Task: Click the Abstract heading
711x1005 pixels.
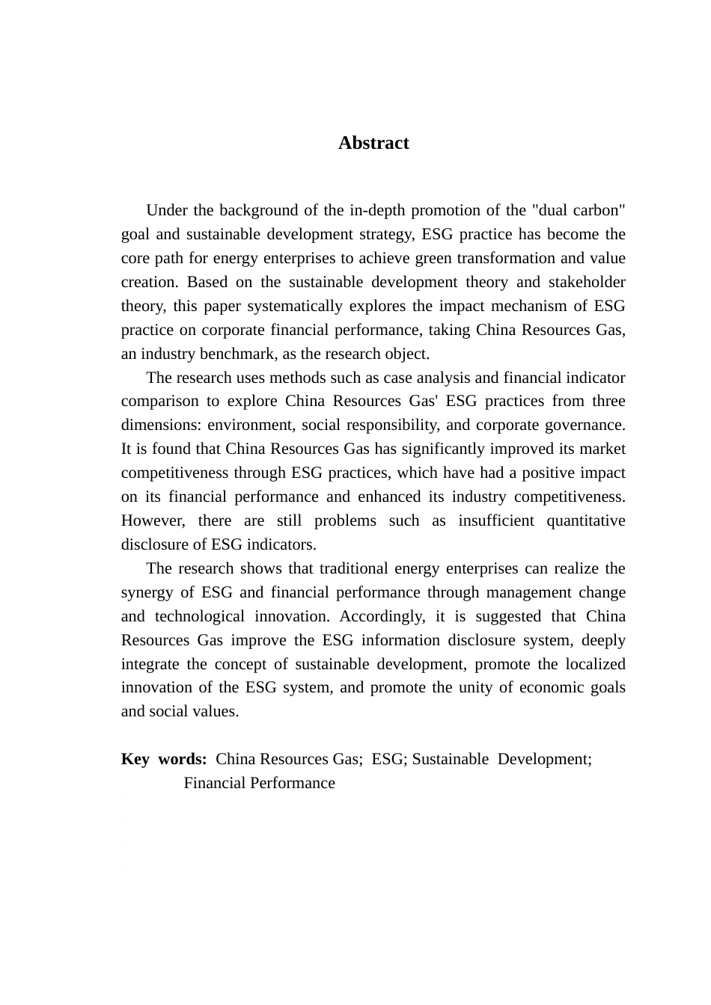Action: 373,143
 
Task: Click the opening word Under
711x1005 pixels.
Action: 167,210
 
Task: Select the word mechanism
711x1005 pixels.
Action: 545,306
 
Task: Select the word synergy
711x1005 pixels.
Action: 147,592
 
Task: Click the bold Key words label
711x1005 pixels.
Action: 164,759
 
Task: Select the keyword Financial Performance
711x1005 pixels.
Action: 259,783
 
